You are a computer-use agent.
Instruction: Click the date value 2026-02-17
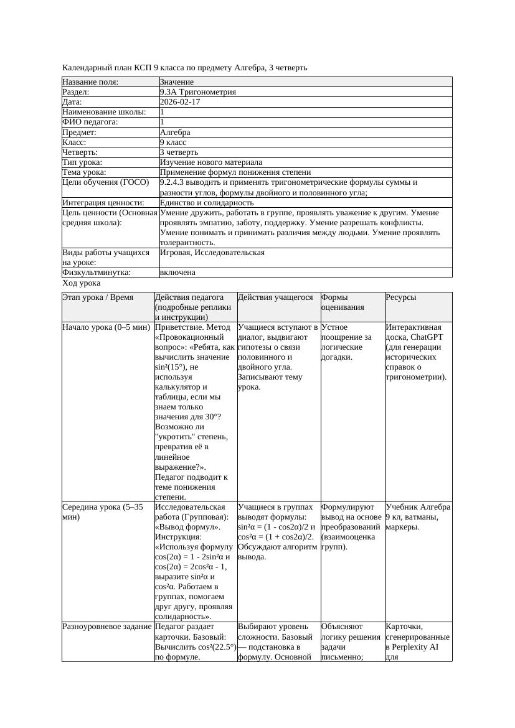pos(180,102)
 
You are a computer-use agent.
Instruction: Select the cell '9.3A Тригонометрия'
pos(198,92)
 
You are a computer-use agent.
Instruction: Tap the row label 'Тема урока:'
pos(84,172)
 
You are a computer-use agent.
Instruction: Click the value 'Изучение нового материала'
pos(211,162)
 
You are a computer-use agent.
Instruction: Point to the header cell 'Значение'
pos(177,82)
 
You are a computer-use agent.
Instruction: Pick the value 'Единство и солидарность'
pos(207,203)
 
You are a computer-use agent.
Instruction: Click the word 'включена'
pos(177,273)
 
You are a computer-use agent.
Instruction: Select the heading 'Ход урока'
pos(82,283)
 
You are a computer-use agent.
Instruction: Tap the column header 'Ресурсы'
pos(401,297)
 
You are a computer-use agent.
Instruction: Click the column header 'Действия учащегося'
pos(275,297)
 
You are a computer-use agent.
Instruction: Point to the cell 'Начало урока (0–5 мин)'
pos(106,327)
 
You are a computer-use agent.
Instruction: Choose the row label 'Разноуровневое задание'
pos(107,627)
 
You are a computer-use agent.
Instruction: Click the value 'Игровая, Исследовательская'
pos(212,253)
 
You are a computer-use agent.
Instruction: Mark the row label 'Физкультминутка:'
pos(97,273)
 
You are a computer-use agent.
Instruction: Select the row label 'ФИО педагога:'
pos(90,122)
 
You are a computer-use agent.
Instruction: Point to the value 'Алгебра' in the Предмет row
pos(175,133)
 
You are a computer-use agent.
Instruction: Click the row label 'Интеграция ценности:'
pos(103,203)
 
